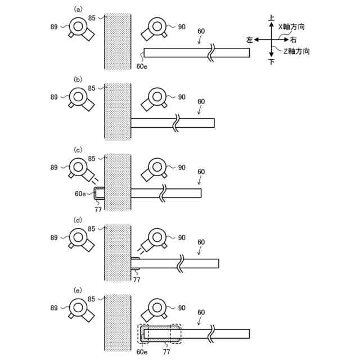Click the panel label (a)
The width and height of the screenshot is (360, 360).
tap(79, 9)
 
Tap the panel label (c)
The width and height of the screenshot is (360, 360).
tap(79, 150)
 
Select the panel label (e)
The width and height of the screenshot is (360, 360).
tap(79, 290)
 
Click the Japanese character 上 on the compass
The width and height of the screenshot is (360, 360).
tap(272, 19)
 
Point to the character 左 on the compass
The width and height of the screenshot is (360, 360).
tap(249, 40)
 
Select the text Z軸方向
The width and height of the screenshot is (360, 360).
tap(296, 51)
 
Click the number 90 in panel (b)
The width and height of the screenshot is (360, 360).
tap(181, 97)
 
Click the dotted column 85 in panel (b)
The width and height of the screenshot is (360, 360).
tap(117, 111)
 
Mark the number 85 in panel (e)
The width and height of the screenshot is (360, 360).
tap(92, 299)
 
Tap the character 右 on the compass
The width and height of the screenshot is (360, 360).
tap(294, 40)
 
